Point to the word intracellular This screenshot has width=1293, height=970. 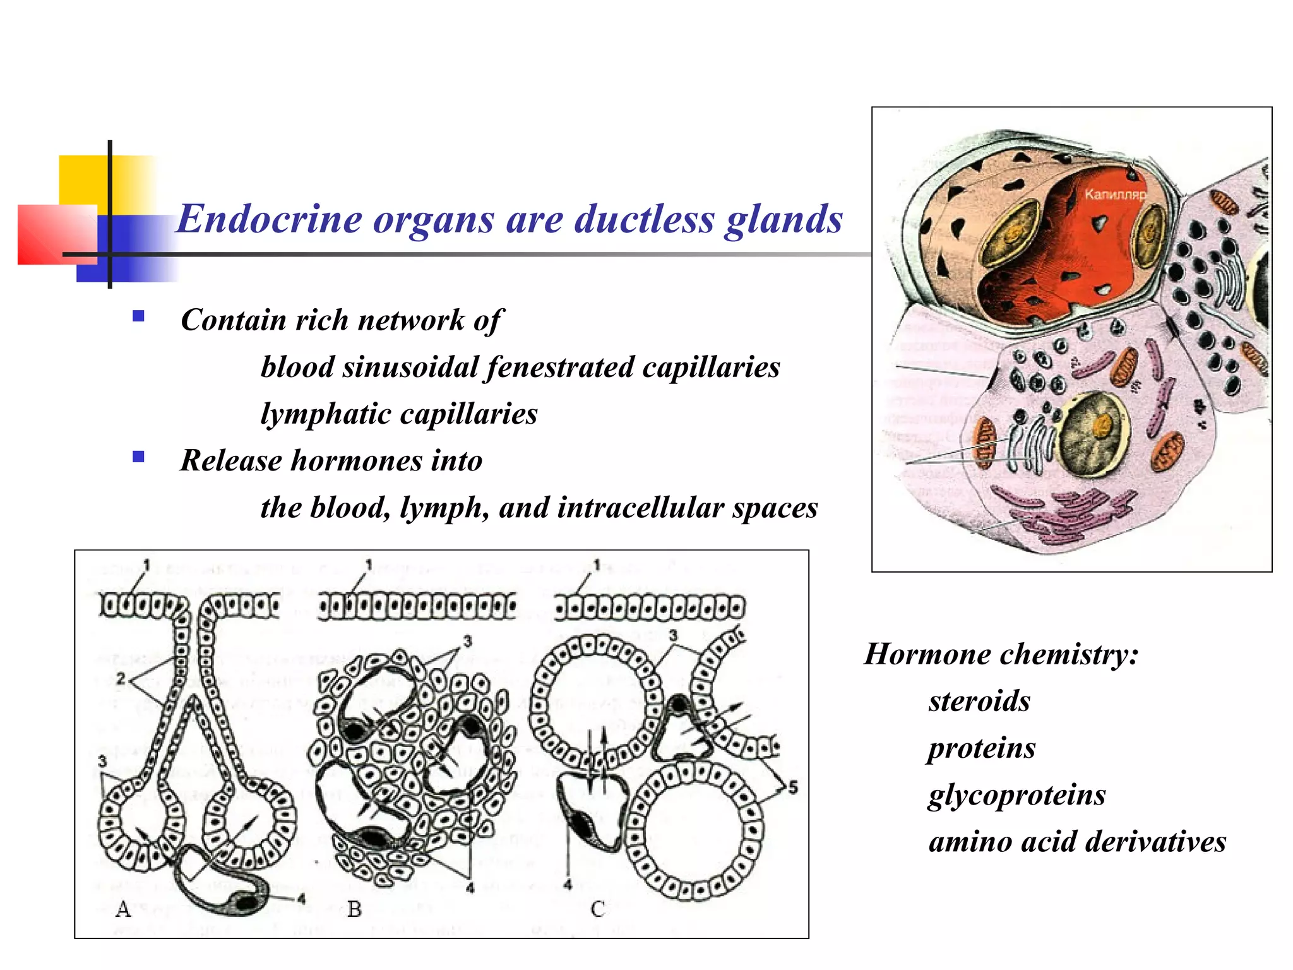[639, 508]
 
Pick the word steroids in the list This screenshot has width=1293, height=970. [979, 701]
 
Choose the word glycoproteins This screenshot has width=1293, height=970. [1016, 794]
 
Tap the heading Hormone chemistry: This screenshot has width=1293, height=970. [1001, 654]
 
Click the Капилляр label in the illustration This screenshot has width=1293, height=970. [1114, 195]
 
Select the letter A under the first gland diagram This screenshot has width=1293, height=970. [123, 909]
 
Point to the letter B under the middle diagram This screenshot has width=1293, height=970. [354, 909]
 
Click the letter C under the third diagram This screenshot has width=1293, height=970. [597, 909]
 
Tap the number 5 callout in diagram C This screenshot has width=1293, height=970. [793, 787]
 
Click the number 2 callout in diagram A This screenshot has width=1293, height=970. [121, 680]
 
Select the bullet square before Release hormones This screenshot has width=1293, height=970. [138, 457]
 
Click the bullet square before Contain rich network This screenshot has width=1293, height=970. [138, 316]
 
